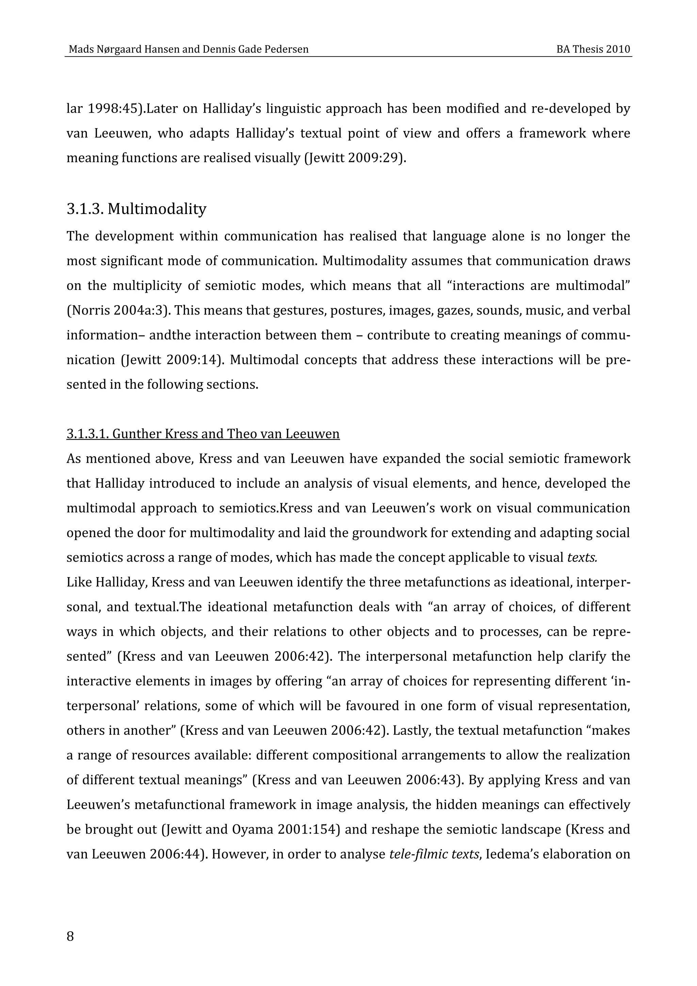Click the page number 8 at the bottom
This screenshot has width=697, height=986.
(x=70, y=936)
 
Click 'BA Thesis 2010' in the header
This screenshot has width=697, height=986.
(x=593, y=49)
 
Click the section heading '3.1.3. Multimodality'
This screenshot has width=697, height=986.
(x=136, y=209)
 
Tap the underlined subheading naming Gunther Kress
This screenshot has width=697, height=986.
(x=203, y=434)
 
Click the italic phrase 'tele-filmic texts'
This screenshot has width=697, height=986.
(x=433, y=854)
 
